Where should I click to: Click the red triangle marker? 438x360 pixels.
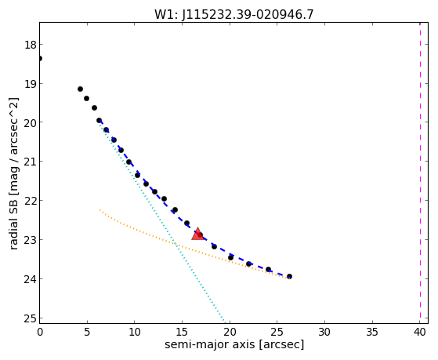(197, 235)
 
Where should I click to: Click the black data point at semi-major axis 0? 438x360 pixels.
(40, 59)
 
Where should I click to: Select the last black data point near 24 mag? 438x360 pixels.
(289, 276)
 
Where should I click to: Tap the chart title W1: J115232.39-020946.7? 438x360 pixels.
(234, 14)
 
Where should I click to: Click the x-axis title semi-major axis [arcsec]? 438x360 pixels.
(234, 344)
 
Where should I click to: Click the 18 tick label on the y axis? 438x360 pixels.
(30, 45)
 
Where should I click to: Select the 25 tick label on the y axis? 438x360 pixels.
(30, 318)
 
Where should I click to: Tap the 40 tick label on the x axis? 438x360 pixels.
(419, 332)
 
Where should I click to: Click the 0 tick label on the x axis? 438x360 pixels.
(40, 332)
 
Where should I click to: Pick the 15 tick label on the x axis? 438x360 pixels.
(182, 332)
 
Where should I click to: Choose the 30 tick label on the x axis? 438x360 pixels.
(324, 332)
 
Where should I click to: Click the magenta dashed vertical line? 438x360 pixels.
(420, 173)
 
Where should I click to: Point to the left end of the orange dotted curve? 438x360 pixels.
(100, 209)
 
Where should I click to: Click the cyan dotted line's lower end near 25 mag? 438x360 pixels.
(225, 321)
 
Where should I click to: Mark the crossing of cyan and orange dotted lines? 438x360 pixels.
(176, 245)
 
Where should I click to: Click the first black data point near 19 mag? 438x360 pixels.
(80, 89)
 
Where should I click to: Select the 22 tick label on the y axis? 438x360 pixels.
(30, 201)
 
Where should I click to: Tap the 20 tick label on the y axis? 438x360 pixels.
(30, 122)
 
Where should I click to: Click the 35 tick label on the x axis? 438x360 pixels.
(372, 332)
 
